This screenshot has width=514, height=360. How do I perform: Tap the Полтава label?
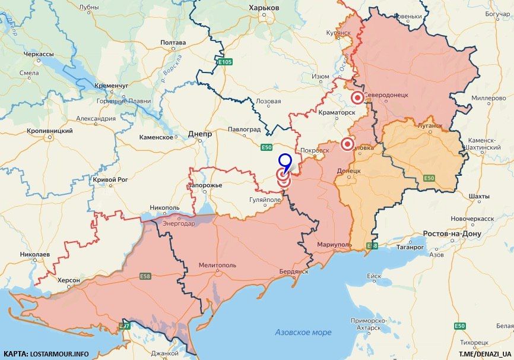pyautogui.click(x=173, y=43)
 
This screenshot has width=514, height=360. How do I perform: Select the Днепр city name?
pyautogui.click(x=199, y=134)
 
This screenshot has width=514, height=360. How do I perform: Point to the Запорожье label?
pyautogui.click(x=205, y=185)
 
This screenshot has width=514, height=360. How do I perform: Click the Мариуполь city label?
pyautogui.click(x=334, y=244)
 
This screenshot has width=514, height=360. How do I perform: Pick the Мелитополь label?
pyautogui.click(x=217, y=265)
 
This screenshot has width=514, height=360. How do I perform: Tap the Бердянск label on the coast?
pyautogui.click(x=293, y=271)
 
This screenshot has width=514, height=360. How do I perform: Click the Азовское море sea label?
pyautogui.click(x=303, y=332)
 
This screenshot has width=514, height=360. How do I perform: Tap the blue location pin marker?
pyautogui.click(x=285, y=160)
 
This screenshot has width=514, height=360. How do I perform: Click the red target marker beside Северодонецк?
pyautogui.click(x=357, y=98)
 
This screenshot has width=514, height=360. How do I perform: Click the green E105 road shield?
pyautogui.click(x=224, y=61)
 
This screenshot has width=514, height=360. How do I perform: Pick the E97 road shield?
pyautogui.click(x=124, y=326)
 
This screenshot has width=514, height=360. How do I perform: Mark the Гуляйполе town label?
pyautogui.click(x=265, y=201)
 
